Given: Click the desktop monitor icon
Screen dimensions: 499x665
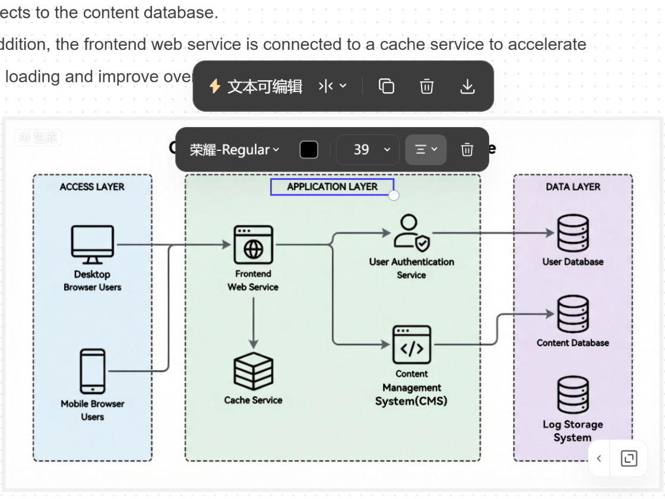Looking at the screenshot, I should coord(93,244).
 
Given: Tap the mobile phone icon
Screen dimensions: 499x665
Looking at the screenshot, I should coord(93,371).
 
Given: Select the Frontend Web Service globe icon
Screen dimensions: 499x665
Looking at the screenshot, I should coord(254,245).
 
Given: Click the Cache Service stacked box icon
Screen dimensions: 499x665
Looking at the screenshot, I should coord(254,371).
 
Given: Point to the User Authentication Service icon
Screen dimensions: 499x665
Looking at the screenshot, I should coord(411,233).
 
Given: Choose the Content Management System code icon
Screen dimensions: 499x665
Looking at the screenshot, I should coord(411,345).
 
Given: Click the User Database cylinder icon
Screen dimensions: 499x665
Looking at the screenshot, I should coord(573,233).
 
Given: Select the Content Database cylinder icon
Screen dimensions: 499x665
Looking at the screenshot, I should coord(573,315).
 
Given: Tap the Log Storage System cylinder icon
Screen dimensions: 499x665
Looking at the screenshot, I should coord(573,396).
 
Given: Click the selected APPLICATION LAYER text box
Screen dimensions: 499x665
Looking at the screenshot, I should coord(332,187).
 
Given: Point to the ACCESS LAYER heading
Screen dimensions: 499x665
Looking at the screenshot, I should coord(92,187).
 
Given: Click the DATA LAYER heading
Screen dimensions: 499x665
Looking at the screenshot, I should coord(573,187).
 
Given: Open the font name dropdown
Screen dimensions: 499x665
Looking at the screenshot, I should coord(234,150).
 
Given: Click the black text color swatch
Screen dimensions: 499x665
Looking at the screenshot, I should coord(309,150).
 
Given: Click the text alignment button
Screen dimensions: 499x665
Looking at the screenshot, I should coord(426,150).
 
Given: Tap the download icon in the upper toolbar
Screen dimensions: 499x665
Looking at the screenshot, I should coord(468,87).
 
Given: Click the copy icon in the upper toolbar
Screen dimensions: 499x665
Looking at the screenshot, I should coord(387,87).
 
